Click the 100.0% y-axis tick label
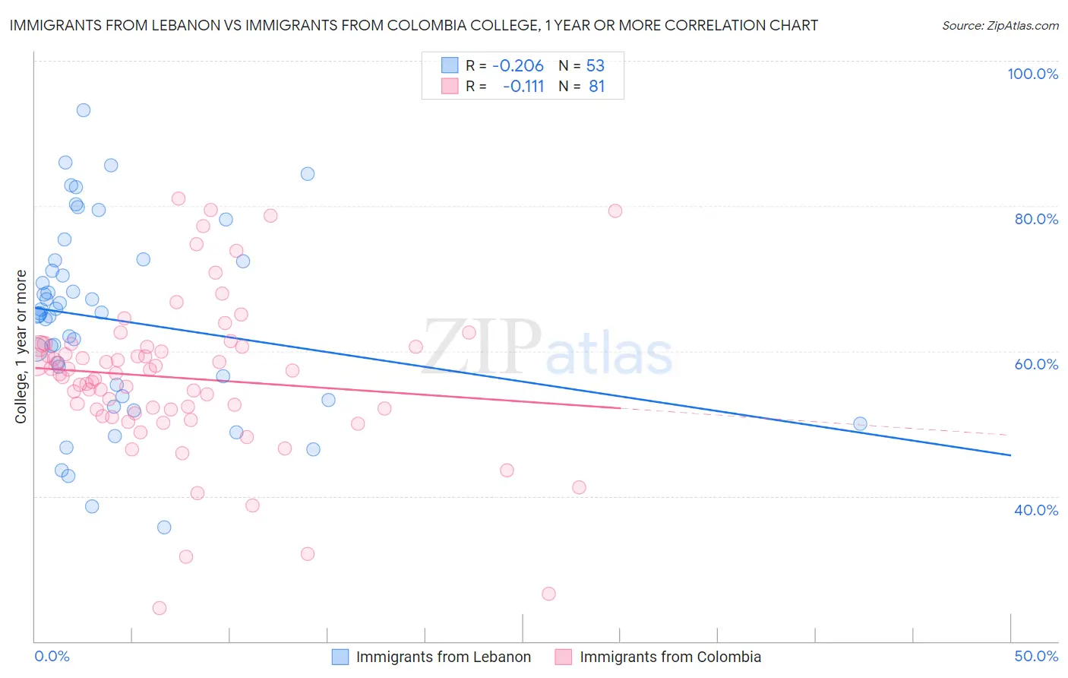pos(1032,74)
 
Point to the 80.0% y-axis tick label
pos(1036,219)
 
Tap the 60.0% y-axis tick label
pos(1036,364)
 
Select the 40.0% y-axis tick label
pos(1036,509)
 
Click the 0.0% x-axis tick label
pos(52,656)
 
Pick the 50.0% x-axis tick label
pos(1036,656)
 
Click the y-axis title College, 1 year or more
pos(21,347)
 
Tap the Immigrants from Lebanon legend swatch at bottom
pos(340,657)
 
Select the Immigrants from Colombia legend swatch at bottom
pos(564,657)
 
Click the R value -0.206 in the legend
pos(518,65)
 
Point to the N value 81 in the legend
pos(597,86)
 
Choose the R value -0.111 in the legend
pos(523,86)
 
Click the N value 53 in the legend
pos(596,65)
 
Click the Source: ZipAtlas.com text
pos(1000,25)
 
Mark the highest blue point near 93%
pos(84,110)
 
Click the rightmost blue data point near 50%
pos(860,423)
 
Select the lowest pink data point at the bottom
pos(160,608)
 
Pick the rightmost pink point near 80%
pos(615,211)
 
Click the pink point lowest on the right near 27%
pos(548,594)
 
